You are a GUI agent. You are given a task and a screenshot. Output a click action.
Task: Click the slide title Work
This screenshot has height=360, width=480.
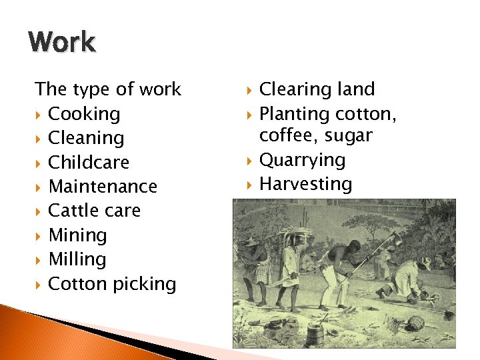62,42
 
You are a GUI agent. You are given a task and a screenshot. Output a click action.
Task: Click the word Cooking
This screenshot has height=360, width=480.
84,114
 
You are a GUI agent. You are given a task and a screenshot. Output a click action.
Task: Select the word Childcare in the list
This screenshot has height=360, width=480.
89,163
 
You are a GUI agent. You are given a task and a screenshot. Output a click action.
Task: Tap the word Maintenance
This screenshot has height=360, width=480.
103,187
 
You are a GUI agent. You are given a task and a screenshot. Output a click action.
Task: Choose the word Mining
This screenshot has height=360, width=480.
77,235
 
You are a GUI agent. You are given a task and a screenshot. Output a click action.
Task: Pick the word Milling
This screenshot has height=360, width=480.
77,259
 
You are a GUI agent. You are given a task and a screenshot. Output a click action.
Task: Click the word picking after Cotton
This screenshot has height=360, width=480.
144,284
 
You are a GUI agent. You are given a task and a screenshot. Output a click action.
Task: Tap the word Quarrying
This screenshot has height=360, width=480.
302,160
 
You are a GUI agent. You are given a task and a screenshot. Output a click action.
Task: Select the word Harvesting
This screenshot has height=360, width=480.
305,184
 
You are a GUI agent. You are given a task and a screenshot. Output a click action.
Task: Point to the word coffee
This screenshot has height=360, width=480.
287,136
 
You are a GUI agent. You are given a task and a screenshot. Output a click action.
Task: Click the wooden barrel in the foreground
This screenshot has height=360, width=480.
315,331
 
